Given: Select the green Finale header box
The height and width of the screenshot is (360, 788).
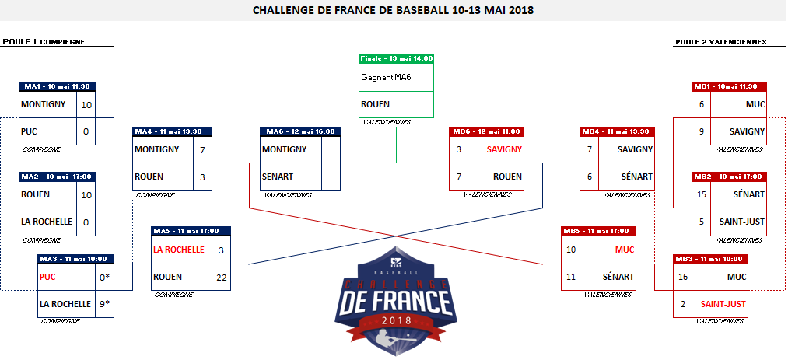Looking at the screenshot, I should [397, 58].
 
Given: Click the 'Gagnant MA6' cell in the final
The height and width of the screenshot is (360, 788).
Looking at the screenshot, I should [387, 78].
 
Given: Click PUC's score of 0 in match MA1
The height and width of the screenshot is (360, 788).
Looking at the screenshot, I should [86, 131].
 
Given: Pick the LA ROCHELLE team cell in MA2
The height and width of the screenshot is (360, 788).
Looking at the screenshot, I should [47, 222].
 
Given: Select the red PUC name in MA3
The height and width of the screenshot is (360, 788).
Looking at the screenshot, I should [48, 276].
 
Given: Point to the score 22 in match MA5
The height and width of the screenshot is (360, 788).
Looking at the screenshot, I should [221, 277].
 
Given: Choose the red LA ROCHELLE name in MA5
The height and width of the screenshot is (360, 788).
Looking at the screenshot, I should [179, 250].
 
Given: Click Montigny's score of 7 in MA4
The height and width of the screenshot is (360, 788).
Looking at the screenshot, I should [202, 149].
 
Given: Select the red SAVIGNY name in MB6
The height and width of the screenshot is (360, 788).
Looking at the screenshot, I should [504, 149].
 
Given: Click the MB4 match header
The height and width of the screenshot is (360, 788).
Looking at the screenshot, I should [618, 131].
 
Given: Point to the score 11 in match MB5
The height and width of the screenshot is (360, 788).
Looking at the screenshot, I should [571, 277].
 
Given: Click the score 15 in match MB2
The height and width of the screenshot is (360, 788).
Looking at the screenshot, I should [702, 194].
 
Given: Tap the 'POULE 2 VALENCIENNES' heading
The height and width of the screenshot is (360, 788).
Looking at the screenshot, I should [720, 42].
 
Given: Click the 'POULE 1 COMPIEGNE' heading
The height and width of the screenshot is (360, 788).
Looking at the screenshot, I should [44, 42].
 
